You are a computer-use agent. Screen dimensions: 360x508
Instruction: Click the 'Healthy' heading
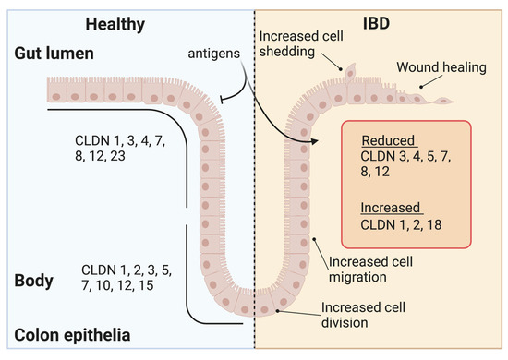point(118,19)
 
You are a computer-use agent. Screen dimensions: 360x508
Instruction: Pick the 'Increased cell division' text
point(368,315)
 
